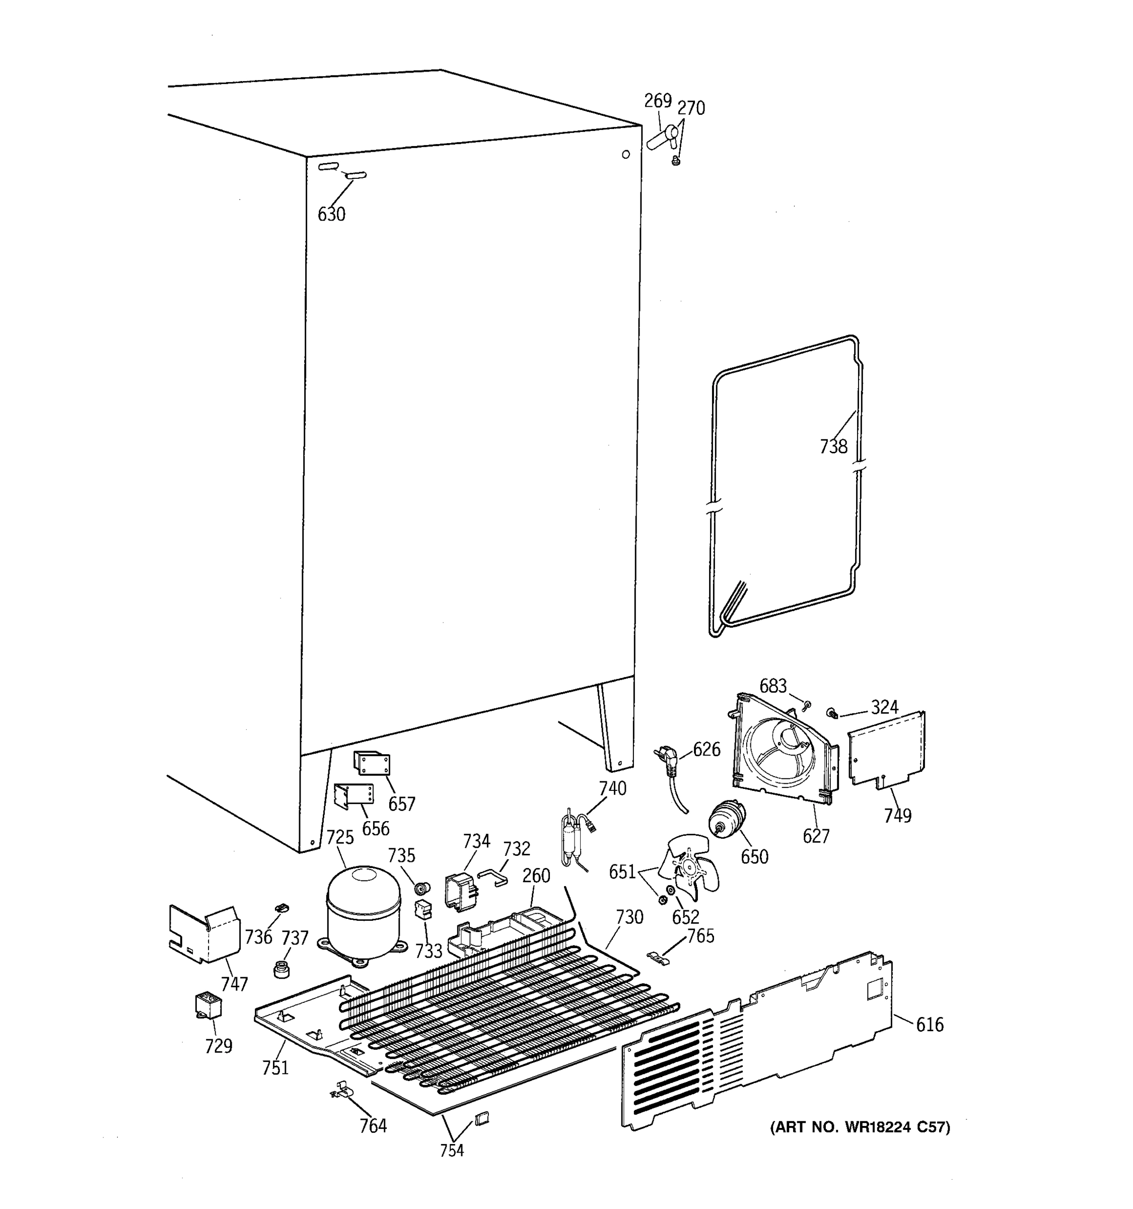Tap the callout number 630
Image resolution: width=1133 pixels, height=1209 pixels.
[331, 214]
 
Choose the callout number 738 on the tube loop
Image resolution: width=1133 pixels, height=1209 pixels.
[833, 446]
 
